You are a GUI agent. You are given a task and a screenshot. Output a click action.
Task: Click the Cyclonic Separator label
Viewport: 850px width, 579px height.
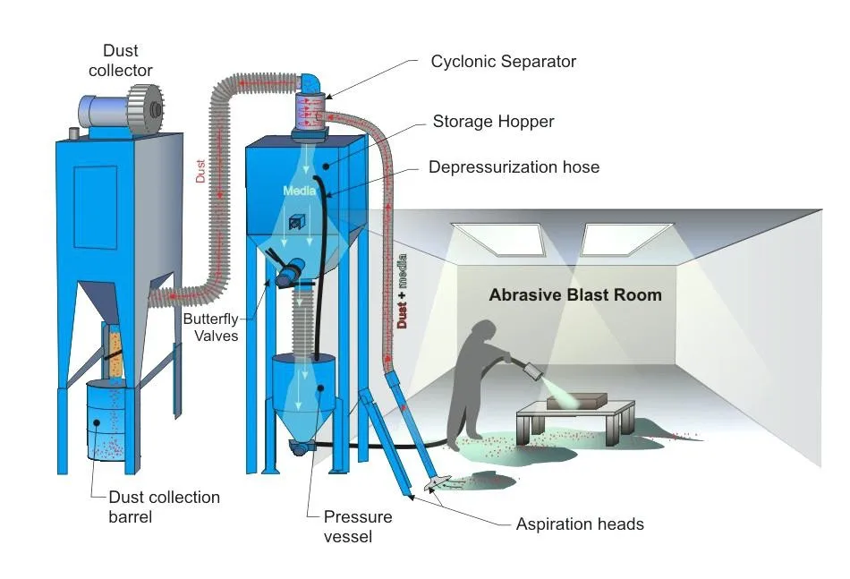(503, 62)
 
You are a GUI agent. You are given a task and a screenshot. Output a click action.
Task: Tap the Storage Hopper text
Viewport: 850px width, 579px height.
(493, 121)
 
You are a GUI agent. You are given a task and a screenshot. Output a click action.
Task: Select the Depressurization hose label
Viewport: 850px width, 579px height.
(514, 167)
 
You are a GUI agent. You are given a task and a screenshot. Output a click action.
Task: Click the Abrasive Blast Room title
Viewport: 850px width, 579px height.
(575, 294)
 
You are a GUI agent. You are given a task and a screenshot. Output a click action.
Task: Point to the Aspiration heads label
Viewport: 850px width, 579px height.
(579, 524)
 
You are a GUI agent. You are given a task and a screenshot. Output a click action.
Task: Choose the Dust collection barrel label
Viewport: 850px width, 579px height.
(164, 507)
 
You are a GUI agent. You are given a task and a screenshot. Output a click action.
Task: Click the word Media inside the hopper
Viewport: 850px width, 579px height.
(300, 191)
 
